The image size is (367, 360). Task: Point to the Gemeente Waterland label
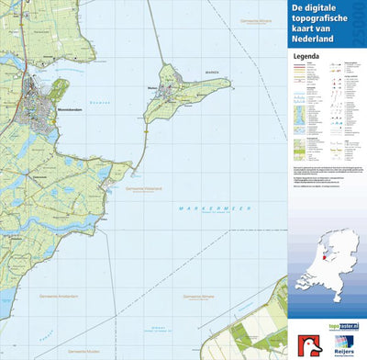144,188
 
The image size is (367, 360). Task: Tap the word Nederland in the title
320,40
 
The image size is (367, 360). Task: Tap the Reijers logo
342,346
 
